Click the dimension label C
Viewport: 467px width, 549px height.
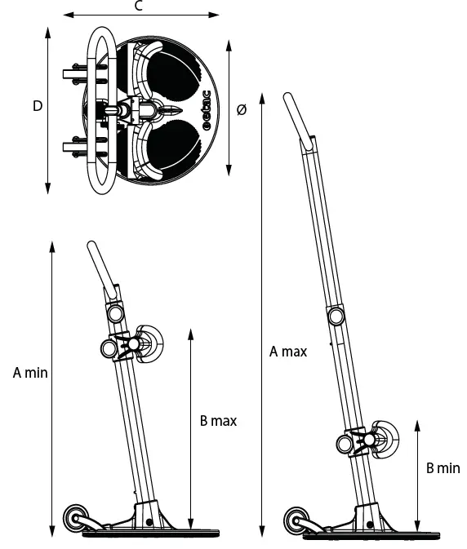[139, 7]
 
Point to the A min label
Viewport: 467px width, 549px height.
[31, 373]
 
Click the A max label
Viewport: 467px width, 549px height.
[288, 352]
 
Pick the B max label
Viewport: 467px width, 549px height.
[218, 421]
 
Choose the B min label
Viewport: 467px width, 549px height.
[443, 468]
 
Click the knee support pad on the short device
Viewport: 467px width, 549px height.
[151, 343]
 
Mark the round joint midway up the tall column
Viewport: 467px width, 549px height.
[336, 315]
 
